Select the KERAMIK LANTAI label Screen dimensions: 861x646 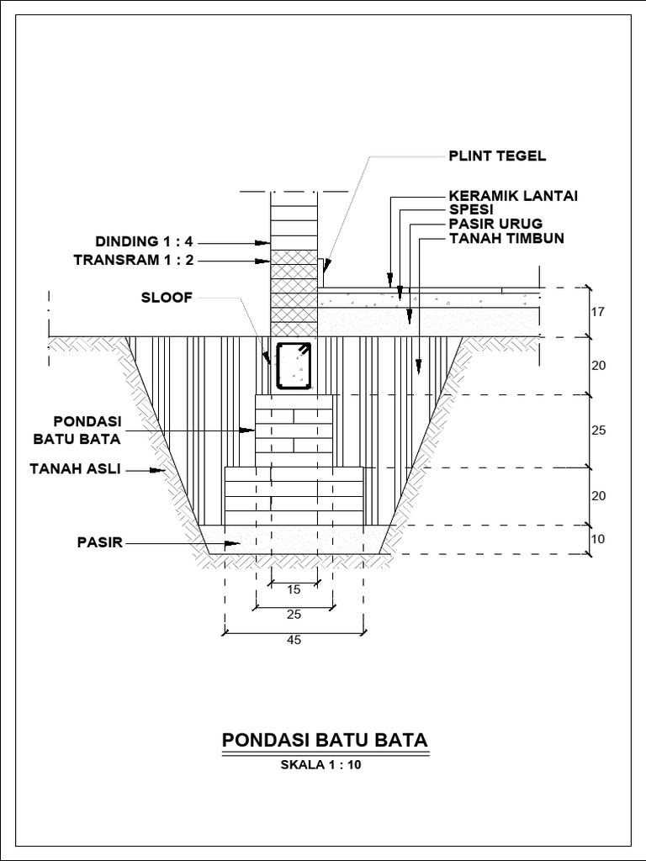click(512, 197)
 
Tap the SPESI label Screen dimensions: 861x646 click(470, 209)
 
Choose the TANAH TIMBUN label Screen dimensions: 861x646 click(506, 238)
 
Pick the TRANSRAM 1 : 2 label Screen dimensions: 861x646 click(133, 260)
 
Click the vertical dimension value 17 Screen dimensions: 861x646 click(598, 312)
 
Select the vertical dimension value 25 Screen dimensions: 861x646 click(598, 430)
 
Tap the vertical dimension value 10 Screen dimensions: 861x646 click(598, 539)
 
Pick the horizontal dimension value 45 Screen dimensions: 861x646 click(294, 640)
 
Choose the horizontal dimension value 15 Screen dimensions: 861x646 click(294, 589)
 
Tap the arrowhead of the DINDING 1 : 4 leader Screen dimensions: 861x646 click(264, 242)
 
